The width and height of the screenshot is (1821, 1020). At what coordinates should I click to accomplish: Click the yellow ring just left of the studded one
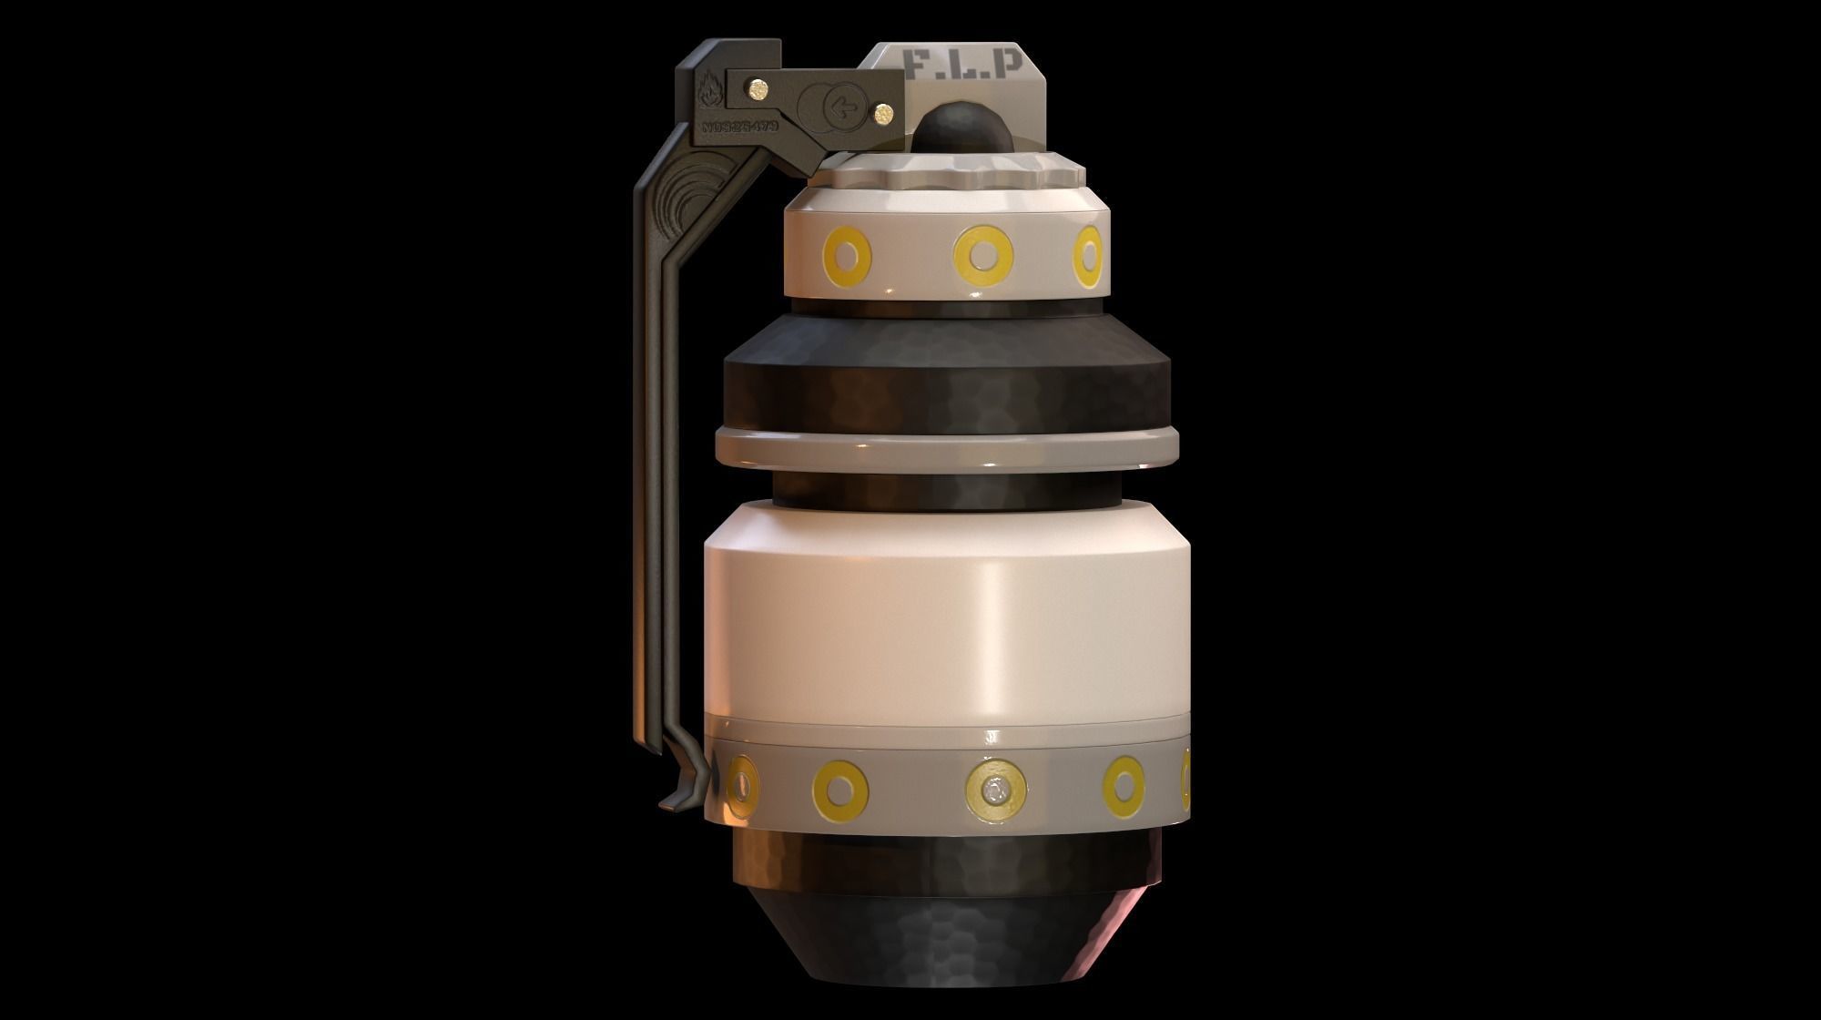tap(839, 784)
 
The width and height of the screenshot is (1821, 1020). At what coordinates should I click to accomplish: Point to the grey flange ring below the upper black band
tap(947, 447)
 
